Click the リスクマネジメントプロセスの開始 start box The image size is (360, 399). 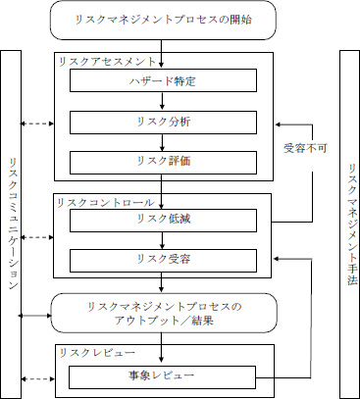coord(162,19)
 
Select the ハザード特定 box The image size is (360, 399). coord(162,80)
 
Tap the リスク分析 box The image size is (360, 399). coord(162,123)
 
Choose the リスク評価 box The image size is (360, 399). coord(162,161)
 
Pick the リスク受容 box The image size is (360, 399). coord(162,259)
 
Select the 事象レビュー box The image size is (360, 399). coord(162,375)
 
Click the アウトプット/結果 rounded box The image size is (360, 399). coord(162,314)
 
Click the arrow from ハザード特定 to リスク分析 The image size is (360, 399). coord(162,102)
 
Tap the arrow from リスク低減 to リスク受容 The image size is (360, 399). coord(162,239)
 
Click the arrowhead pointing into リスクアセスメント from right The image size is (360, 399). coord(279,123)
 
